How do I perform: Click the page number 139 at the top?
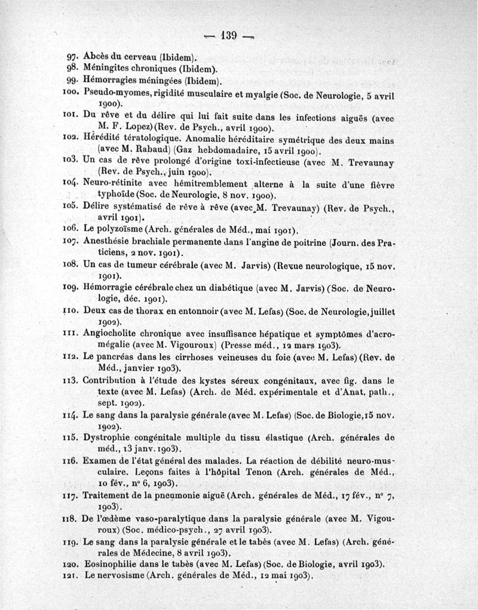click(229, 35)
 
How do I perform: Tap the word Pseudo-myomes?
click(114, 93)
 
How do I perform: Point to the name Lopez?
click(139, 128)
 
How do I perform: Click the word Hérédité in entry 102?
click(103, 139)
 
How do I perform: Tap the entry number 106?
click(71, 229)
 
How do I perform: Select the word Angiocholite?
click(111, 334)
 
